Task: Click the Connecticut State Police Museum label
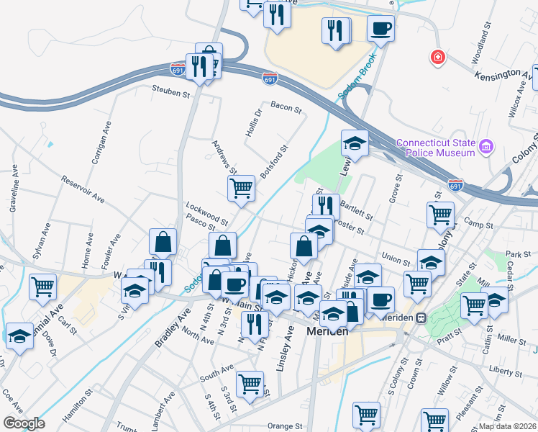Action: click(x=436, y=148)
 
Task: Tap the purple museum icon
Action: click(x=487, y=147)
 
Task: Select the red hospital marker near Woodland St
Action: click(x=437, y=58)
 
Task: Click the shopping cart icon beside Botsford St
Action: click(x=242, y=189)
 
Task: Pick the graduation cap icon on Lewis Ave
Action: click(x=355, y=143)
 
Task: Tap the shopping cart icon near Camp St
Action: click(x=440, y=214)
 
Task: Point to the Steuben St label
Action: click(x=170, y=92)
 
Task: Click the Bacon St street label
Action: click(x=286, y=107)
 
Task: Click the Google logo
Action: click(x=24, y=423)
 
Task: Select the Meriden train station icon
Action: click(x=424, y=317)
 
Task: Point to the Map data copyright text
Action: click(x=506, y=426)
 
